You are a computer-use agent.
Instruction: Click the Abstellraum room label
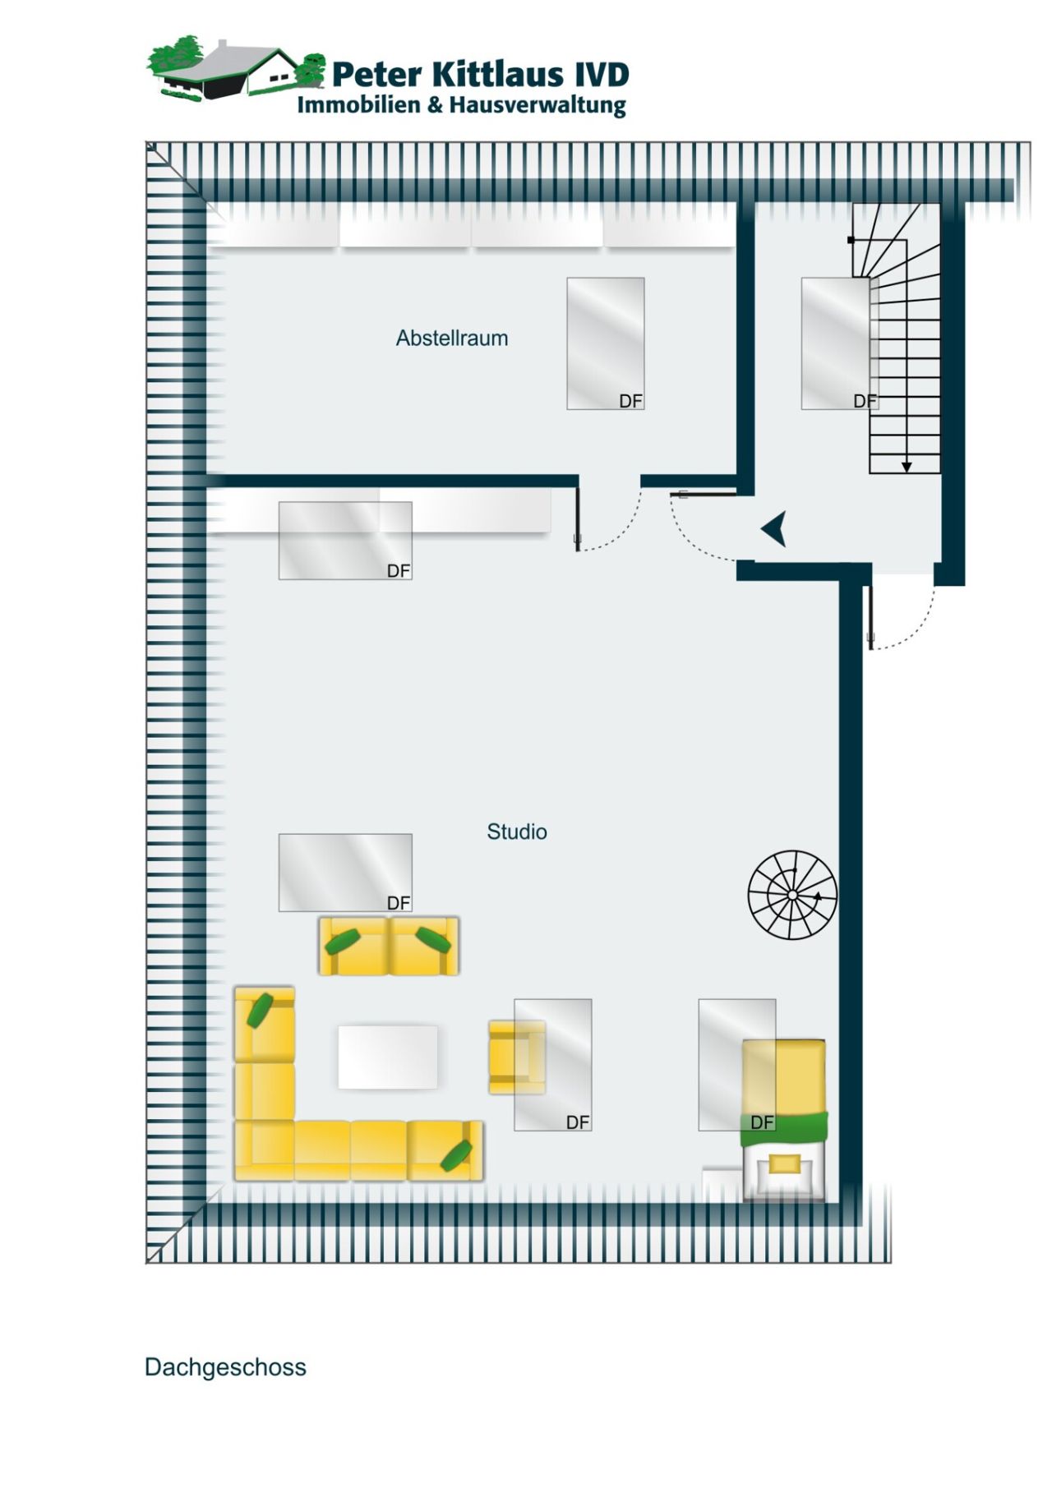451,338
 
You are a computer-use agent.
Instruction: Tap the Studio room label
516,832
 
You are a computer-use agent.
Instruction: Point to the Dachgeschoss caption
225,1367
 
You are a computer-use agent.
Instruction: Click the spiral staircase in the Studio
792,894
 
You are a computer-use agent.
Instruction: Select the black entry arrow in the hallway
774,529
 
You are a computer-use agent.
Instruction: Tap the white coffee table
388,1057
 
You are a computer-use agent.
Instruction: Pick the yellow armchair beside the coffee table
516,1057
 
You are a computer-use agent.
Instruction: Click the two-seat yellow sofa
389,946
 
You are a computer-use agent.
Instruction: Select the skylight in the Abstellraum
605,343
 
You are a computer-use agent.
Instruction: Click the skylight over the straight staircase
835,343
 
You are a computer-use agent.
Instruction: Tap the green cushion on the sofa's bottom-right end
456,1155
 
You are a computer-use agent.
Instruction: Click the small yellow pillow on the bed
784,1163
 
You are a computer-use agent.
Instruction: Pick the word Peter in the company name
378,74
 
